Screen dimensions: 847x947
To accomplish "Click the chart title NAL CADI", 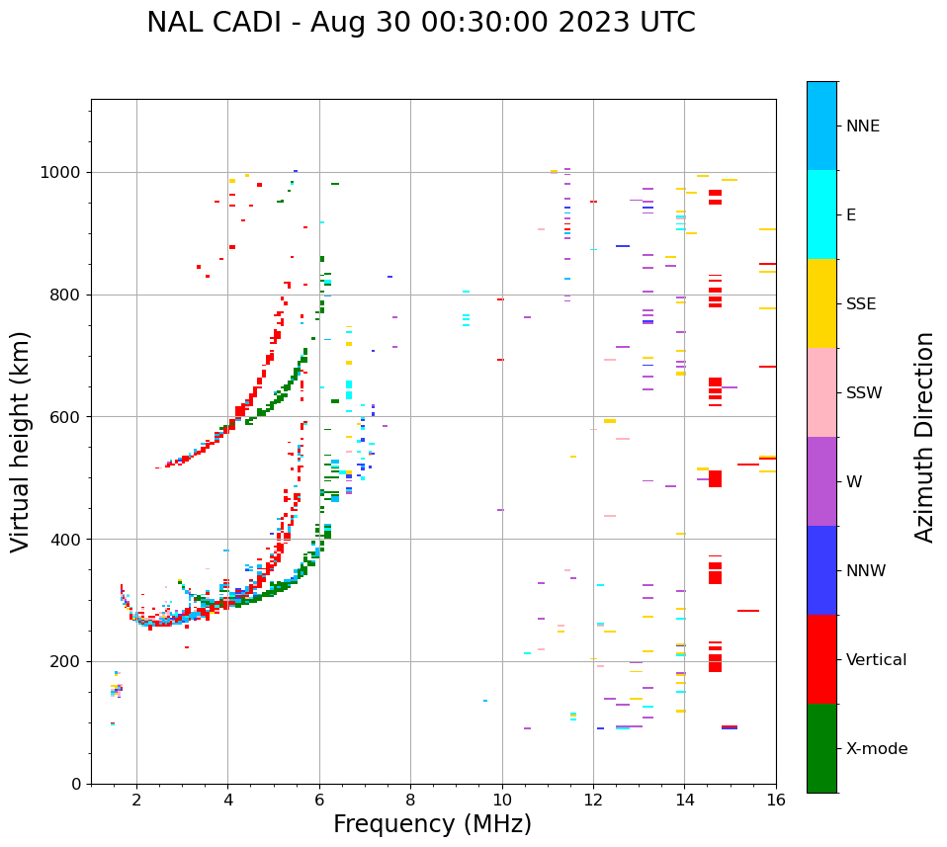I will tap(420, 23).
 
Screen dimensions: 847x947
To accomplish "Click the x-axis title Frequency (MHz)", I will tap(432, 824).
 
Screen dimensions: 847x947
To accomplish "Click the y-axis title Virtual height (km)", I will tap(21, 442).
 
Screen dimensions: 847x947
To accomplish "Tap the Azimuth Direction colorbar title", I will tap(924, 437).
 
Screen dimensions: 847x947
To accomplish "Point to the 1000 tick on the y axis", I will tap(62, 172).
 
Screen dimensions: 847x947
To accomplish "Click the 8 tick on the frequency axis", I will tap(410, 799).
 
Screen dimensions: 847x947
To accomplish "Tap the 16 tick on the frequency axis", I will tap(776, 799).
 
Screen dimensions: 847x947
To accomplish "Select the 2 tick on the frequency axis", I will tap(136, 799).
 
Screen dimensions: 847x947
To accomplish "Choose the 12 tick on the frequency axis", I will tap(593, 799).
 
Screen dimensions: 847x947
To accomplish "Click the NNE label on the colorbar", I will tap(862, 127).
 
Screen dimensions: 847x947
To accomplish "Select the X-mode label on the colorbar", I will tap(877, 749).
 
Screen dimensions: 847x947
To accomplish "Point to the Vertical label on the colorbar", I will tap(876, 660).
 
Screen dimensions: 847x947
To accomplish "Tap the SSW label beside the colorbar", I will tap(864, 393).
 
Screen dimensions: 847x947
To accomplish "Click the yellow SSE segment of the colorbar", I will tap(821, 303).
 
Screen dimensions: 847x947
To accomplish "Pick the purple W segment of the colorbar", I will tap(821, 481).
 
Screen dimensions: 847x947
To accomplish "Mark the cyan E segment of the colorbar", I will tap(821, 214).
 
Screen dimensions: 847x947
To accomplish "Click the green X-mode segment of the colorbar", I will tap(821, 748).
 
